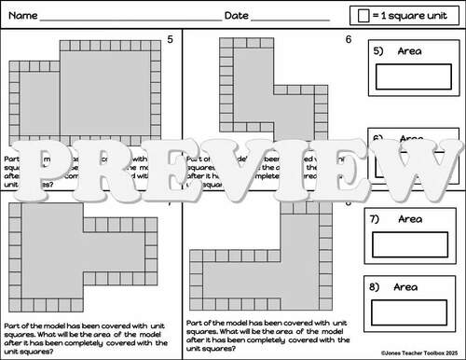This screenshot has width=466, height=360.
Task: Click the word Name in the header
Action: [x=25, y=16]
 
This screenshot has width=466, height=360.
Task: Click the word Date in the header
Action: [x=237, y=16]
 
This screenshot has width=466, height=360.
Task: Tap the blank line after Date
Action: [x=291, y=19]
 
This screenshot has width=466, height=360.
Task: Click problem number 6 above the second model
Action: [x=348, y=39]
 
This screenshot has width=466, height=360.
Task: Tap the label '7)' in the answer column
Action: [x=377, y=219]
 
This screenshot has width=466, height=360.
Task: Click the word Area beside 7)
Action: [x=410, y=219]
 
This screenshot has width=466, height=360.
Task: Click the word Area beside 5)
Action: [x=410, y=50]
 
